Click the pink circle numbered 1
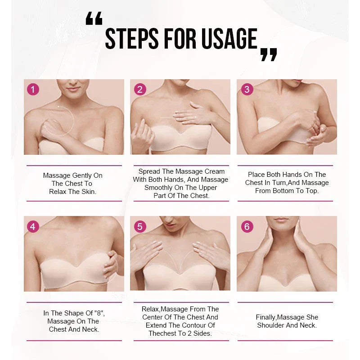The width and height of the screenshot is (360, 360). [33, 89]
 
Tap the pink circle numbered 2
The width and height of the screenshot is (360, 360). [139, 89]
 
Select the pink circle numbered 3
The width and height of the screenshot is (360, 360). [247, 89]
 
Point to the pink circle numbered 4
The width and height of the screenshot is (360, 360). [33, 226]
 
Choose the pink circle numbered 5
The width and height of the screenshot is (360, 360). [139, 226]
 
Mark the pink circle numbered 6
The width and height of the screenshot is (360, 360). [247, 226]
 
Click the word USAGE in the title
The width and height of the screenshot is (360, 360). [229, 39]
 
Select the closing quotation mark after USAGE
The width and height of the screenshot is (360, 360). [269, 54]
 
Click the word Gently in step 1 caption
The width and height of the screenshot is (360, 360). [82, 175]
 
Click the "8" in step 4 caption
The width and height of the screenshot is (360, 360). [100, 313]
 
